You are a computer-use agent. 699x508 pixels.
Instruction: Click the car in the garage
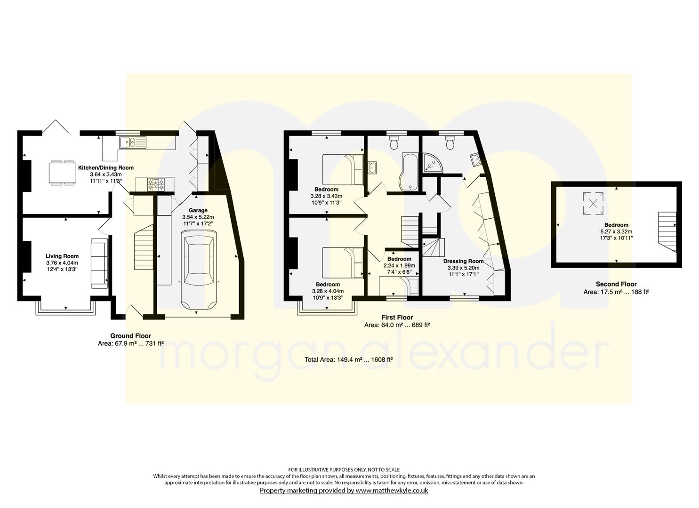(x=199, y=270)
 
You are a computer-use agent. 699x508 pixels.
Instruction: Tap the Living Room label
(x=63, y=256)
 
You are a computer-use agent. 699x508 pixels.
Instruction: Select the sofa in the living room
(x=99, y=263)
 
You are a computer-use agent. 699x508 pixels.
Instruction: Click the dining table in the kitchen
(x=63, y=173)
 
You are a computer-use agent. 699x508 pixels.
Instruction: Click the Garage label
(x=198, y=210)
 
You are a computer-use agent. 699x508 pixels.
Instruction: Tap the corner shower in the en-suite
(x=433, y=162)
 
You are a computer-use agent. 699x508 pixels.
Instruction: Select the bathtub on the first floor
(x=409, y=172)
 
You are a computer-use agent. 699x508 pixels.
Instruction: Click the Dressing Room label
(x=463, y=261)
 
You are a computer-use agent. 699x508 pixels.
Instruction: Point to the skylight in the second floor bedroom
(x=593, y=203)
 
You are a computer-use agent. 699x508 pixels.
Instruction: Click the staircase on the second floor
(x=667, y=232)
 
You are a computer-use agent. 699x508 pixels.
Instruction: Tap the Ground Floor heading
(x=130, y=336)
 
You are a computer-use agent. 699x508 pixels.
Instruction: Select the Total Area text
(x=349, y=359)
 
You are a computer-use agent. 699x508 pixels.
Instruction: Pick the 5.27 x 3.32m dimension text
(x=616, y=232)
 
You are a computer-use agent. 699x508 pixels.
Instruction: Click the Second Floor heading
(x=616, y=284)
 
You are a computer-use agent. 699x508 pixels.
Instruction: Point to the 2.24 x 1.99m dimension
(x=400, y=265)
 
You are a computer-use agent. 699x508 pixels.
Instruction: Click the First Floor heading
(x=397, y=317)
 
